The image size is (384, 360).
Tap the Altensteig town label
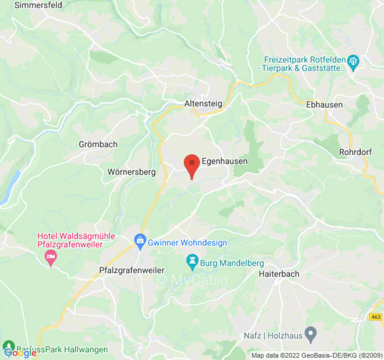click(x=203, y=103)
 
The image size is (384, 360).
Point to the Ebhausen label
click(x=324, y=104)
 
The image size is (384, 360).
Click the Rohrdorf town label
click(x=355, y=152)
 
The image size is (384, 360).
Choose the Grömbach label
click(x=98, y=144)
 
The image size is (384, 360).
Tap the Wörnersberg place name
click(x=131, y=172)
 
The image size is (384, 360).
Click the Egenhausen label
click(x=225, y=161)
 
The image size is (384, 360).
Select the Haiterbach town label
click(x=279, y=274)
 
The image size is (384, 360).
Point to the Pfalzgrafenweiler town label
click(x=131, y=270)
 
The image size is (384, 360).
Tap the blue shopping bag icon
click(x=140, y=240)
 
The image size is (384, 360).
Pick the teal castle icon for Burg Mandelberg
click(x=193, y=261)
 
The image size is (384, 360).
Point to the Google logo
click(x=21, y=353)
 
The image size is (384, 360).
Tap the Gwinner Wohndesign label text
click(x=188, y=243)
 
